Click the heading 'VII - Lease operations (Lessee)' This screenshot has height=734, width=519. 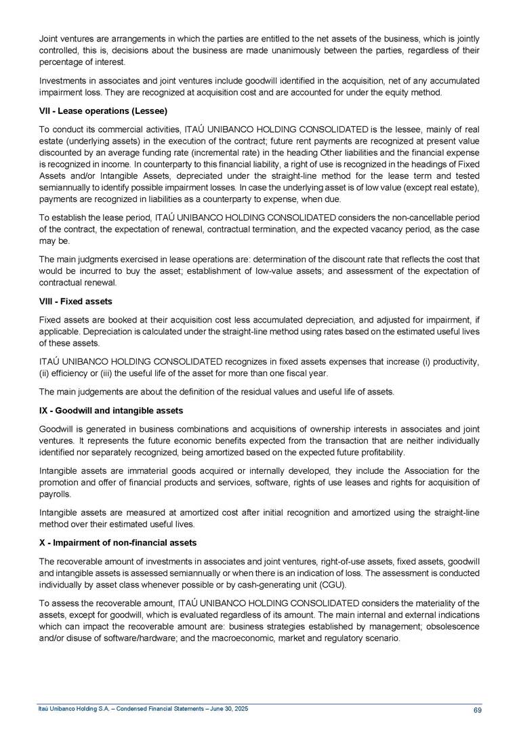[x=102, y=110]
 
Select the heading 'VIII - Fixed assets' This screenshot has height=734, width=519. [x=75, y=300]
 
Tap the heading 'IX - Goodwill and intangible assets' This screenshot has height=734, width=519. [x=110, y=411]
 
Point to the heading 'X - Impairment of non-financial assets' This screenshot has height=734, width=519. [x=118, y=542]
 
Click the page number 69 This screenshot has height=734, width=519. [x=476, y=710]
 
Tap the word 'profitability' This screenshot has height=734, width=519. [x=381, y=452]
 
